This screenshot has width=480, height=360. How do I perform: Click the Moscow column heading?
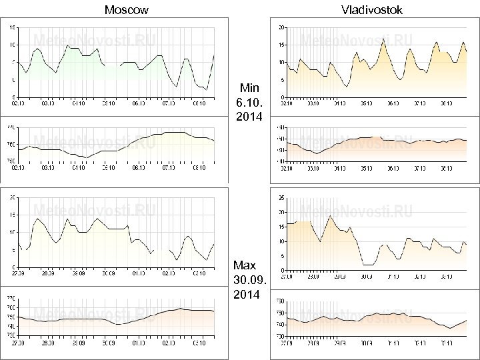[127, 9]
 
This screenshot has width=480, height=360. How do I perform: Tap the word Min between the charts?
[249, 88]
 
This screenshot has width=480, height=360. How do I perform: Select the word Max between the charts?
[245, 265]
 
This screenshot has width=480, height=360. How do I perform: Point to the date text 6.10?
[249, 103]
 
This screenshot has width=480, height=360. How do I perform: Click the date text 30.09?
[249, 279]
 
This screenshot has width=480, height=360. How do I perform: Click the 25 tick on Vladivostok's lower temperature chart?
[281, 197]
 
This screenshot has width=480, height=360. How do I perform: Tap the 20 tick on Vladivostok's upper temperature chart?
[281, 27]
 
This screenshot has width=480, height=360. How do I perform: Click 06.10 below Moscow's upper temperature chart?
[139, 103]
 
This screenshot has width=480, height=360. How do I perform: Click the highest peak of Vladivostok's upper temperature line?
[383, 39]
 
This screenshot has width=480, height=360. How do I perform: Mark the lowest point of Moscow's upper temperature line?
[207, 90]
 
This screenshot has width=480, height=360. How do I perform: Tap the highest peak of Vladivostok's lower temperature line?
[329, 215]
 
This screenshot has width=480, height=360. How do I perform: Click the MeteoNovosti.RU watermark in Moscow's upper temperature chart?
[93, 39]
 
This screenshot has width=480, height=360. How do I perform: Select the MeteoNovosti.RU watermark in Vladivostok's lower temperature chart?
[358, 212]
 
